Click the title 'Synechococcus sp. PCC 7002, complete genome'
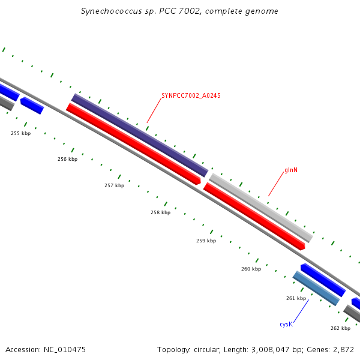[x=179, y=11]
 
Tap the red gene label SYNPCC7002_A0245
[x=191, y=95]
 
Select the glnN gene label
[x=291, y=170]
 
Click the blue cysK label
[x=286, y=324]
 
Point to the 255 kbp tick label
[x=20, y=133]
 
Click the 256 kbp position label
[x=67, y=159]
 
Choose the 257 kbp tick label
[x=114, y=185]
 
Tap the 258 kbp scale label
[x=160, y=212]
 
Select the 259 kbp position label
[x=206, y=241]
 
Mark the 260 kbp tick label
[x=251, y=269]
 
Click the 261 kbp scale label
[x=296, y=298]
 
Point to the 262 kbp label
[x=340, y=328]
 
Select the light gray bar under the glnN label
[x=261, y=208]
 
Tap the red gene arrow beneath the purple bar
[x=133, y=144]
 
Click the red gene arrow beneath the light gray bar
[x=254, y=216]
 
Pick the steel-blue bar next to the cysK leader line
[x=316, y=288]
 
